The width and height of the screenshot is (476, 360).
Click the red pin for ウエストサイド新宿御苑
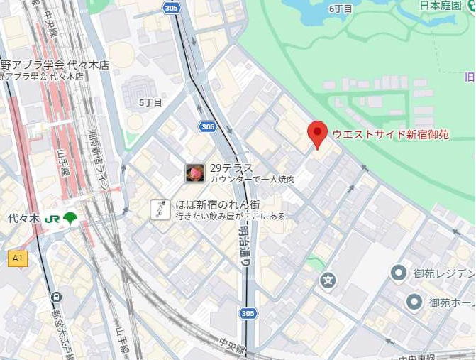317,133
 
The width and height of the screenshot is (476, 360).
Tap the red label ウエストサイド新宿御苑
390,134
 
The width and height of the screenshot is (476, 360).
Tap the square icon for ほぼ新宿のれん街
160,209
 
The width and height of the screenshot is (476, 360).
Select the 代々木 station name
21,218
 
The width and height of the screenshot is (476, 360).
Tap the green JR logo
51,219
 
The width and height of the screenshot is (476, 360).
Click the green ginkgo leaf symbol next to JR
70,218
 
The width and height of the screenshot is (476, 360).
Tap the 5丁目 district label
150,102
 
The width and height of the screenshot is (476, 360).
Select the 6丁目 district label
341,9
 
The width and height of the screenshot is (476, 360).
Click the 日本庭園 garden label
439,6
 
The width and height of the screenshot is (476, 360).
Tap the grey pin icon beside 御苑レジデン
399,273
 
